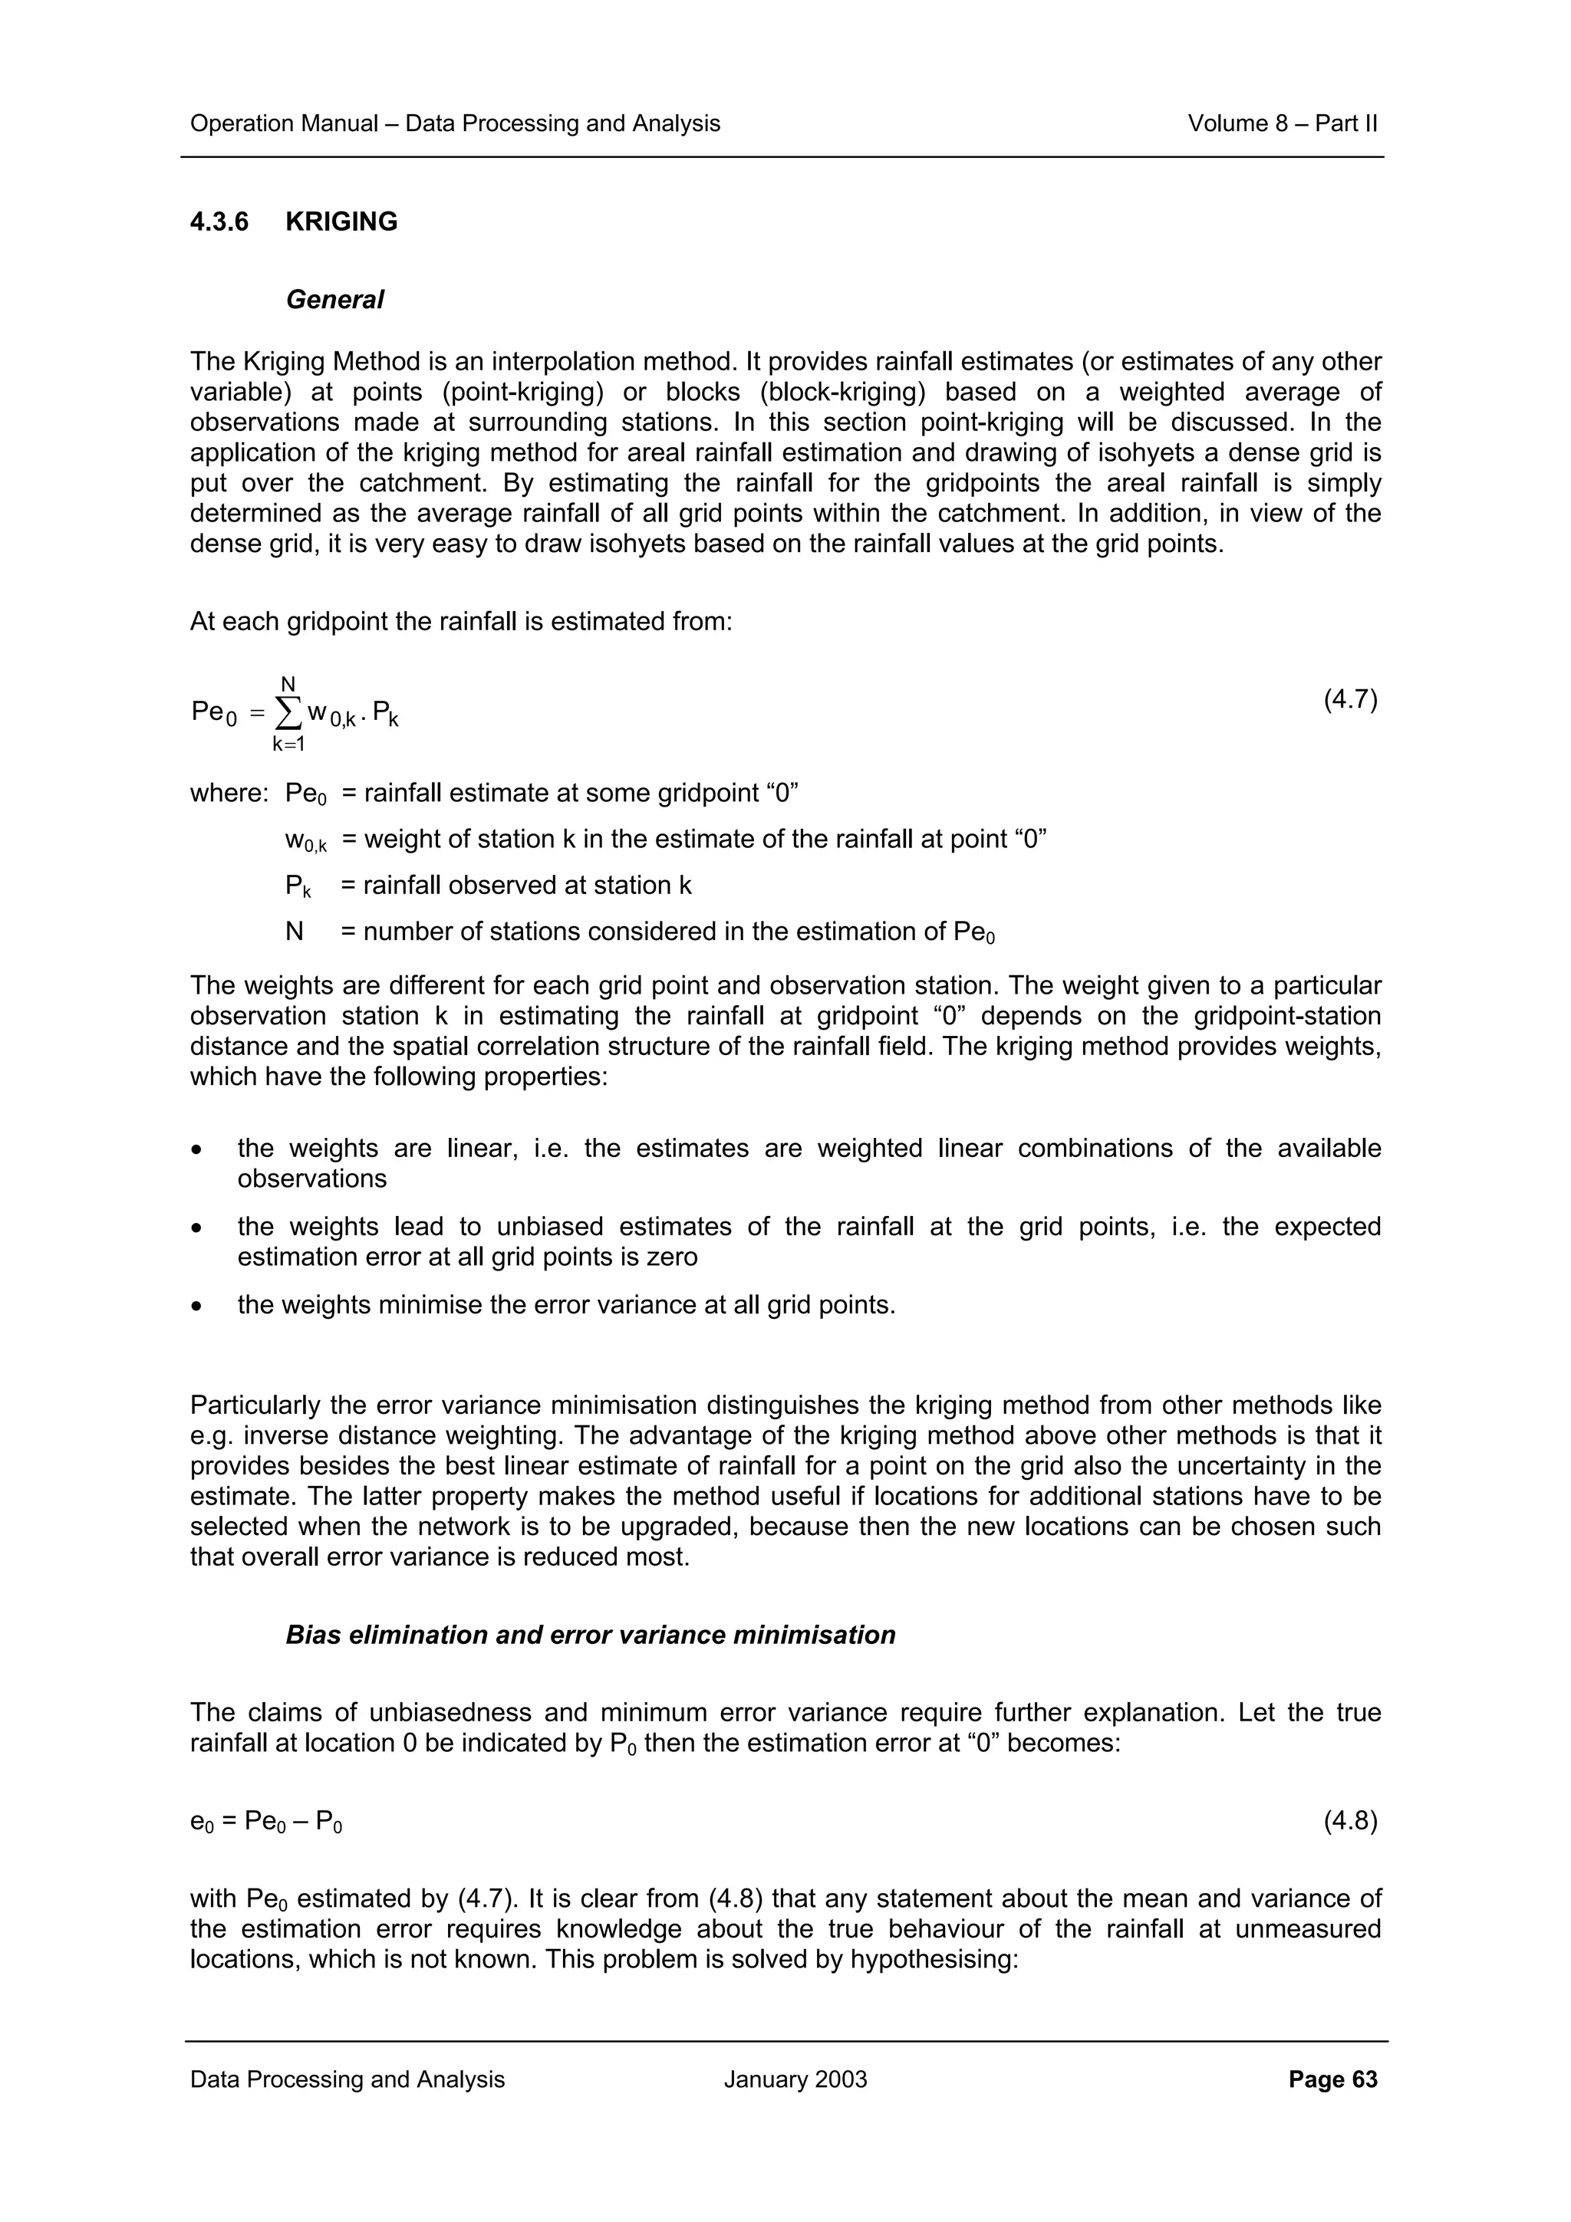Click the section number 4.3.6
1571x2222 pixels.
[219, 222]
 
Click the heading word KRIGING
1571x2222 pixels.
[341, 222]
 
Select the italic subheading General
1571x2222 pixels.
[335, 300]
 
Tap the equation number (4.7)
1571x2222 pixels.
[1350, 700]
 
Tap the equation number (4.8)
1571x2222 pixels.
[1350, 1821]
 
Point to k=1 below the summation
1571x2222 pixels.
[288, 745]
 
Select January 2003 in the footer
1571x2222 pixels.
[795, 2079]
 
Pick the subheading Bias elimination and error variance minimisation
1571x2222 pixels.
[591, 1635]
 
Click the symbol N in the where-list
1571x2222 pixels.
[295, 932]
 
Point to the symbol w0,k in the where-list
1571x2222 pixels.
[305, 840]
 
